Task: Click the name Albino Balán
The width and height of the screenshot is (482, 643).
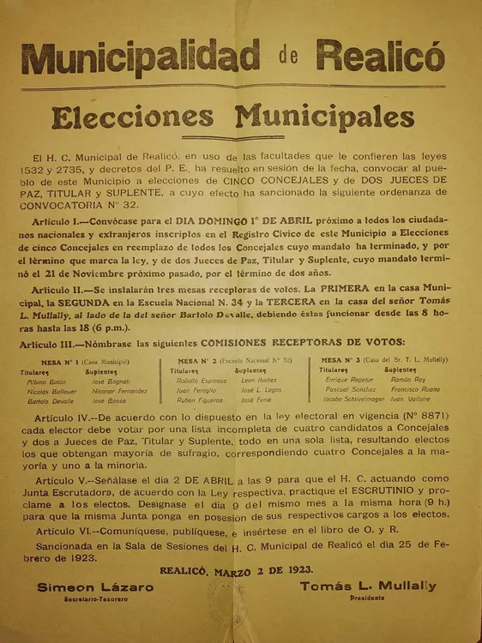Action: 47,381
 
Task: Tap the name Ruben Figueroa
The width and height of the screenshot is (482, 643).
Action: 198,400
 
